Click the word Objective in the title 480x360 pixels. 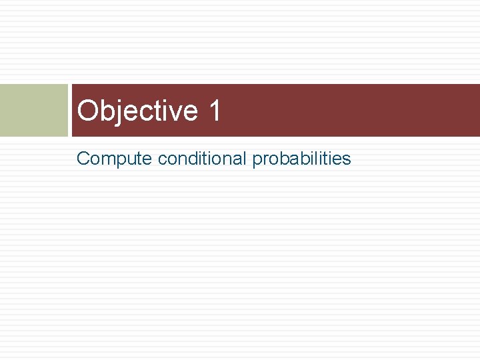[x=137, y=111]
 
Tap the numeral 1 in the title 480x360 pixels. [x=214, y=111]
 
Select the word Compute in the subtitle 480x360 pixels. [x=114, y=159]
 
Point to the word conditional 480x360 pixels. [x=202, y=159]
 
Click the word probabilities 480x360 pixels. [x=301, y=159]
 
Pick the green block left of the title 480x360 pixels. [x=33, y=110]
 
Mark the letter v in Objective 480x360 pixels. [x=175, y=112]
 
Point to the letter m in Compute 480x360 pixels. [x=105, y=159]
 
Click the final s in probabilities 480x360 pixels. [x=347, y=159]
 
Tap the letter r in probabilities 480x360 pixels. [x=264, y=159]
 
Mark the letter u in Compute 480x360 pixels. [x=130, y=159]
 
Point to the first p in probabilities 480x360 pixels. [x=257, y=160]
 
